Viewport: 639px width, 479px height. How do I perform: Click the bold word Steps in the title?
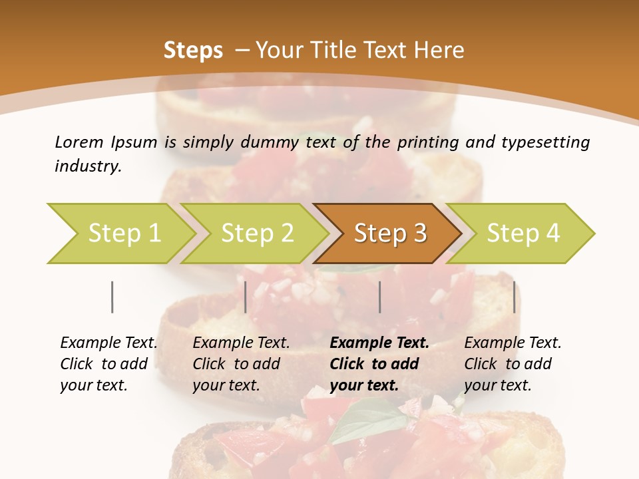click(x=193, y=51)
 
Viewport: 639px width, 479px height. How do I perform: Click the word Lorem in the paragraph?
click(x=79, y=142)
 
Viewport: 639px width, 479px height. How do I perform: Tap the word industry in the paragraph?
click(x=88, y=166)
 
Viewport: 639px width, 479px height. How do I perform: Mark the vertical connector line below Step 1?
click(x=112, y=297)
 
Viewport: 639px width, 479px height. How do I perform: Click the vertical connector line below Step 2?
click(x=246, y=297)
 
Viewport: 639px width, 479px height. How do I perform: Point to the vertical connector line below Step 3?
click(x=379, y=297)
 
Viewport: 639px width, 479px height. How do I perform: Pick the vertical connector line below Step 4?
click(x=514, y=297)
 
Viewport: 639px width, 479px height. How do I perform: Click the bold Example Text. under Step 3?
click(x=379, y=343)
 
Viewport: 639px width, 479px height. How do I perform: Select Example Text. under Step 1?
click(x=108, y=343)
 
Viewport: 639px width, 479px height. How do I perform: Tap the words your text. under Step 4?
click(x=498, y=385)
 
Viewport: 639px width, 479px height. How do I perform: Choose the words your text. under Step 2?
click(x=226, y=385)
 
